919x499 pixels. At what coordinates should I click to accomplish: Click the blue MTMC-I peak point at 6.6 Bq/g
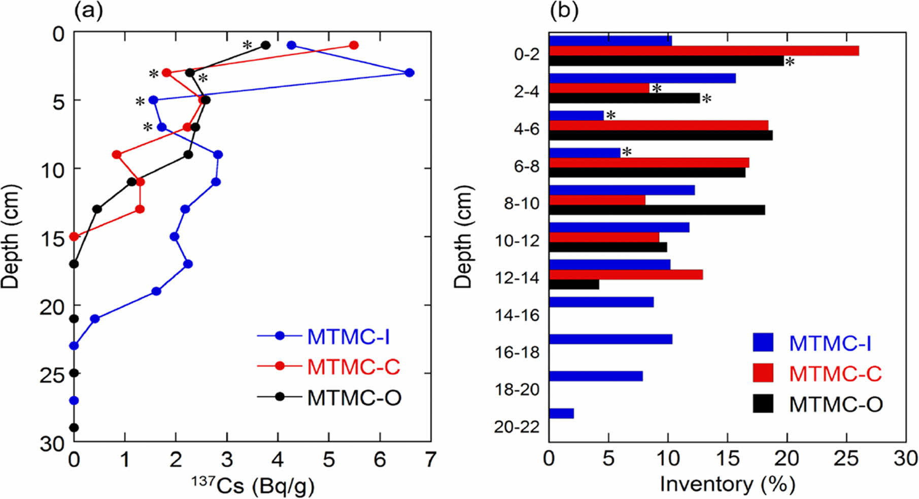[410, 73]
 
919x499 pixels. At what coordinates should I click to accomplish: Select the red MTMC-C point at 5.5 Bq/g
[354, 45]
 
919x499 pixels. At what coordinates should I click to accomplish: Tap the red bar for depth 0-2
[704, 51]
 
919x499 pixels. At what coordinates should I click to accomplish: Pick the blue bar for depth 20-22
[561, 413]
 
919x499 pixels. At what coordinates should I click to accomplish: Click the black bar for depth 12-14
[574, 284]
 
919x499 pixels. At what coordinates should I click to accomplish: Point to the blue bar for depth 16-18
[610, 339]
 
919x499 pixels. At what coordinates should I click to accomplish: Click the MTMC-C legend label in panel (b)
[835, 374]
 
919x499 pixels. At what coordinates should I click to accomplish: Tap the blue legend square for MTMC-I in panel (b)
[763, 343]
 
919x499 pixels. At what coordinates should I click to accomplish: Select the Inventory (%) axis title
[727, 484]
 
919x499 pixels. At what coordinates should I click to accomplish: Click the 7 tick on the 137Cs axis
[430, 460]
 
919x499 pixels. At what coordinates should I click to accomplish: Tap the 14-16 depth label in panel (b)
[518, 315]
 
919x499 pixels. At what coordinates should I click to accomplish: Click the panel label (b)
[564, 11]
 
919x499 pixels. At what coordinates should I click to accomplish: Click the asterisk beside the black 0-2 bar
[790, 63]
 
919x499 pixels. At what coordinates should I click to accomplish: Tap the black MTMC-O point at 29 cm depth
[74, 427]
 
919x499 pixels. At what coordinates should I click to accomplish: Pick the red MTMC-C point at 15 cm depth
[74, 237]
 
